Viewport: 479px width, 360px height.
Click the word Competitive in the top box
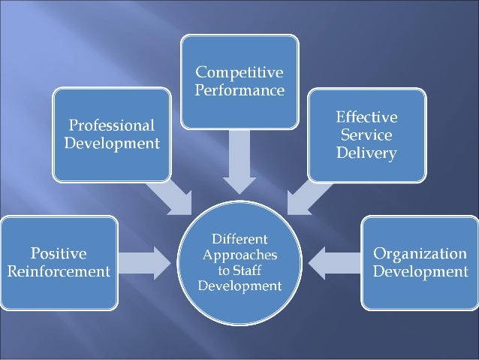tap(239, 73)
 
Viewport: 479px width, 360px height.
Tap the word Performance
tap(239, 92)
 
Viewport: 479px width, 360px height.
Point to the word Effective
tap(367, 119)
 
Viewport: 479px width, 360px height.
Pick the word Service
tap(367, 136)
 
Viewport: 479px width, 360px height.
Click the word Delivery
tap(367, 154)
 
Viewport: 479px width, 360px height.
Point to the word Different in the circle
tap(239, 238)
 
